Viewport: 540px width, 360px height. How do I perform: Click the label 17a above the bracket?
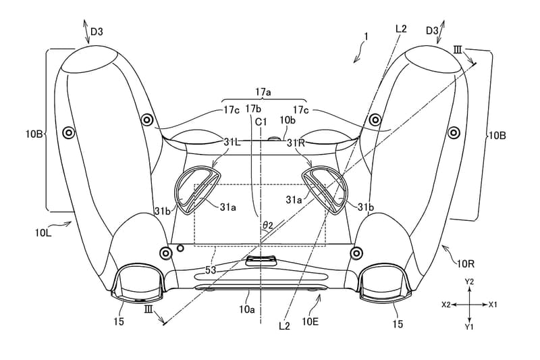263,92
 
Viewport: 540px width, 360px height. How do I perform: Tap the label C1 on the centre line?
261,122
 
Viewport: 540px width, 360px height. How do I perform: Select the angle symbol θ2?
267,226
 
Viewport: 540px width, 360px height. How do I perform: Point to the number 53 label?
211,270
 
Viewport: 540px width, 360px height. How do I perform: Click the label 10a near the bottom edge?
247,309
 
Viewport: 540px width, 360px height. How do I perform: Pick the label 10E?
310,322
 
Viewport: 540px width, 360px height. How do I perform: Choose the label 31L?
232,142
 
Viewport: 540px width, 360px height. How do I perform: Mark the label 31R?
296,143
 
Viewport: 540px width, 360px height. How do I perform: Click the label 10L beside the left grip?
43,233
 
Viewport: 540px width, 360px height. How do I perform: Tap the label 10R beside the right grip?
466,264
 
